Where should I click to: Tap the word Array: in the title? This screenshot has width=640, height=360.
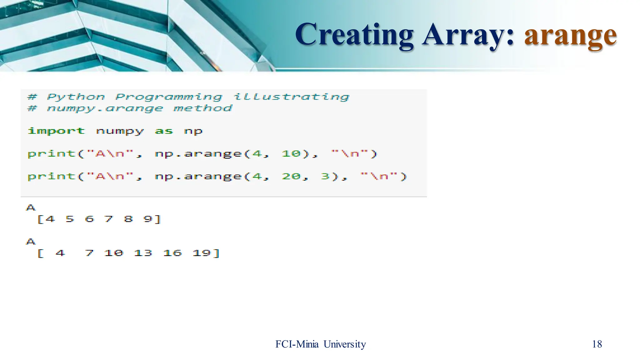(x=468, y=35)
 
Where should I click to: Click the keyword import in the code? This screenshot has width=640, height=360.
(x=56, y=131)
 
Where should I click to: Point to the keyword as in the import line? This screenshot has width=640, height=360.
(x=164, y=131)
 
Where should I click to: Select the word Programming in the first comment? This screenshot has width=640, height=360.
(x=169, y=97)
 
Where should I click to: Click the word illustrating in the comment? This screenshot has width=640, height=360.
(x=291, y=97)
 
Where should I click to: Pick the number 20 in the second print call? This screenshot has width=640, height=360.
(x=291, y=176)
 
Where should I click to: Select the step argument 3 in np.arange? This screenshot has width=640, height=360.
(x=325, y=176)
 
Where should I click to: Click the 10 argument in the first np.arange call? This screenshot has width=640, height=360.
(x=291, y=153)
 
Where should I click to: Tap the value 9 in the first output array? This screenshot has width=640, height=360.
(x=148, y=219)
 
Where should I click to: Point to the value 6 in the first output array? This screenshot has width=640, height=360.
(x=89, y=219)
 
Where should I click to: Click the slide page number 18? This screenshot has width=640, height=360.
(x=597, y=344)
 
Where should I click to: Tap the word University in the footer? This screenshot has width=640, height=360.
(x=345, y=344)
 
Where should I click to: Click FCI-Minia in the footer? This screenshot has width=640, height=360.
(x=297, y=344)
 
